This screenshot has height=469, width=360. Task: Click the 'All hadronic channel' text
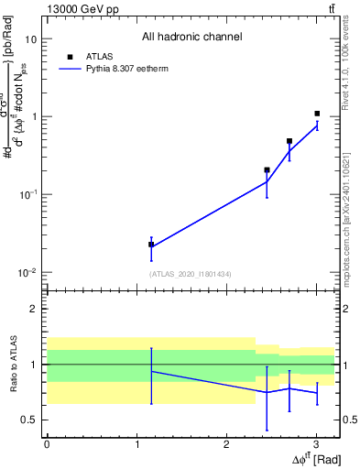pyautogui.click(x=191, y=37)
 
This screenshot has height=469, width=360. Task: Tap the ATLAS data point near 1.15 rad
pyautogui.click(x=151, y=245)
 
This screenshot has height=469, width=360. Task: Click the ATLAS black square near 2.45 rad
pyautogui.click(x=267, y=169)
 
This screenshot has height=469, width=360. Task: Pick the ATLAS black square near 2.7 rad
pyautogui.click(x=289, y=141)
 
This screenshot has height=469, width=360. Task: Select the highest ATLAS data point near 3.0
pyautogui.click(x=317, y=114)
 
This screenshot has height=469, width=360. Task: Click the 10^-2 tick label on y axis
pyautogui.click(x=27, y=273)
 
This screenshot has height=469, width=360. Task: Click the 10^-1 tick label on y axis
pyautogui.click(x=27, y=195)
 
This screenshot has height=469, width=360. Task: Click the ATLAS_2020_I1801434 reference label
pyautogui.click(x=191, y=275)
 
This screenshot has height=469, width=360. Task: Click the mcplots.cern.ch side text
pyautogui.click(x=352, y=220)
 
